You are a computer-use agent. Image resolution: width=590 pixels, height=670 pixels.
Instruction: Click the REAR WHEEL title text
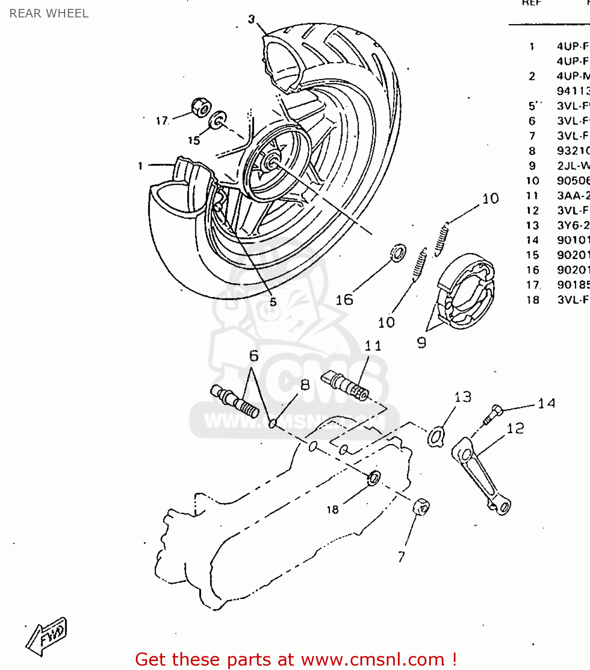tap(49, 13)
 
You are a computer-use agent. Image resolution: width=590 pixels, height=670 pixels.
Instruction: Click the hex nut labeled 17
tap(201, 108)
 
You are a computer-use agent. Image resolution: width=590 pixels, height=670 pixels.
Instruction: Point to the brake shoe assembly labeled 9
tap(467, 290)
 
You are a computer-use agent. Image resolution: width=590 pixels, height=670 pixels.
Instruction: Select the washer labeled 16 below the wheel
tap(398, 253)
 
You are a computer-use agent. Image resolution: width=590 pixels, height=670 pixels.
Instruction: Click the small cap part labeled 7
tap(421, 507)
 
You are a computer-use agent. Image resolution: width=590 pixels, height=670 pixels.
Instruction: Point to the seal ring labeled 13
tap(435, 436)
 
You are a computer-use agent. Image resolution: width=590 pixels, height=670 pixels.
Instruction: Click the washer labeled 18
tap(373, 478)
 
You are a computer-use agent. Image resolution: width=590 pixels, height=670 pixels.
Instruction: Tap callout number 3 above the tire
tap(251, 19)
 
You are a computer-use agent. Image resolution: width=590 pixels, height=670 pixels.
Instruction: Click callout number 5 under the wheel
tap(273, 302)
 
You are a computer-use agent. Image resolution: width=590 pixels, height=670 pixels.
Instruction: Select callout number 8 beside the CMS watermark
tap(305, 385)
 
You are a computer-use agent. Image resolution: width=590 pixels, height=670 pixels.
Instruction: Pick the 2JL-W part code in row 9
tap(573, 166)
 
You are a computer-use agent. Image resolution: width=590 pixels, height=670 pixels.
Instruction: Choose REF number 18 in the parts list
tap(532, 300)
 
